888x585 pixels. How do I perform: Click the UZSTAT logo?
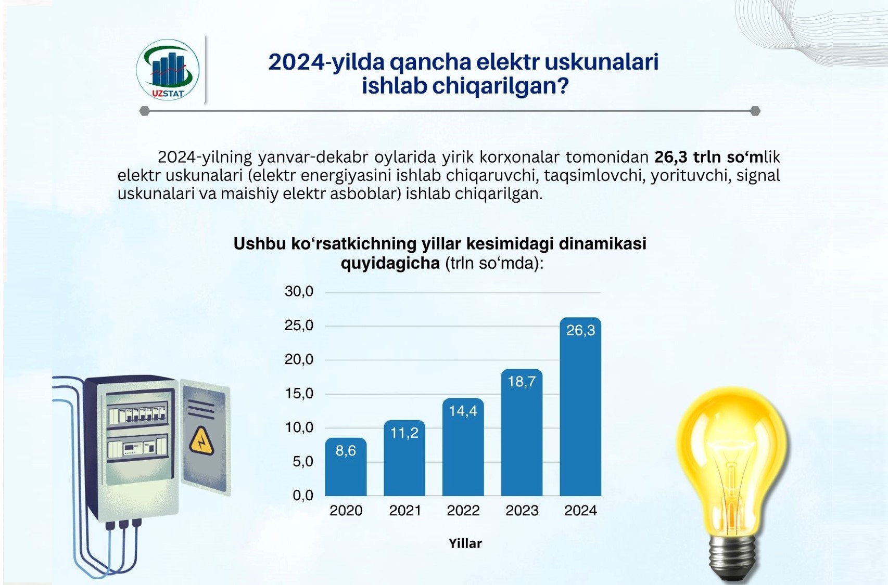[168, 70]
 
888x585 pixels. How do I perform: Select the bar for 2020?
[346, 466]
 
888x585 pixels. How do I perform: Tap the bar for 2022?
[463, 447]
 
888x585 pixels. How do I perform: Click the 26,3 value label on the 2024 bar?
[580, 330]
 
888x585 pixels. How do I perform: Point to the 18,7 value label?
[522, 381]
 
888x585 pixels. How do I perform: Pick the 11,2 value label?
[404, 433]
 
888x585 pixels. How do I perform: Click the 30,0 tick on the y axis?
[299, 292]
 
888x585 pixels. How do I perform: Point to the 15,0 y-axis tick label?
[299, 393]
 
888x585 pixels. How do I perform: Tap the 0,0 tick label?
[303, 496]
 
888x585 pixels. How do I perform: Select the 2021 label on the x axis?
[405, 511]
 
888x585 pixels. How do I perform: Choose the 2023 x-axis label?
[522, 511]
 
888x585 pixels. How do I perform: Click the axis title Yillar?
[465, 543]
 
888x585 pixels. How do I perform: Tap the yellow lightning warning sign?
[202, 440]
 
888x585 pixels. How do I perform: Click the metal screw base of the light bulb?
[731, 560]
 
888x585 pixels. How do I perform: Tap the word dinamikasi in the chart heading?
[603, 243]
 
